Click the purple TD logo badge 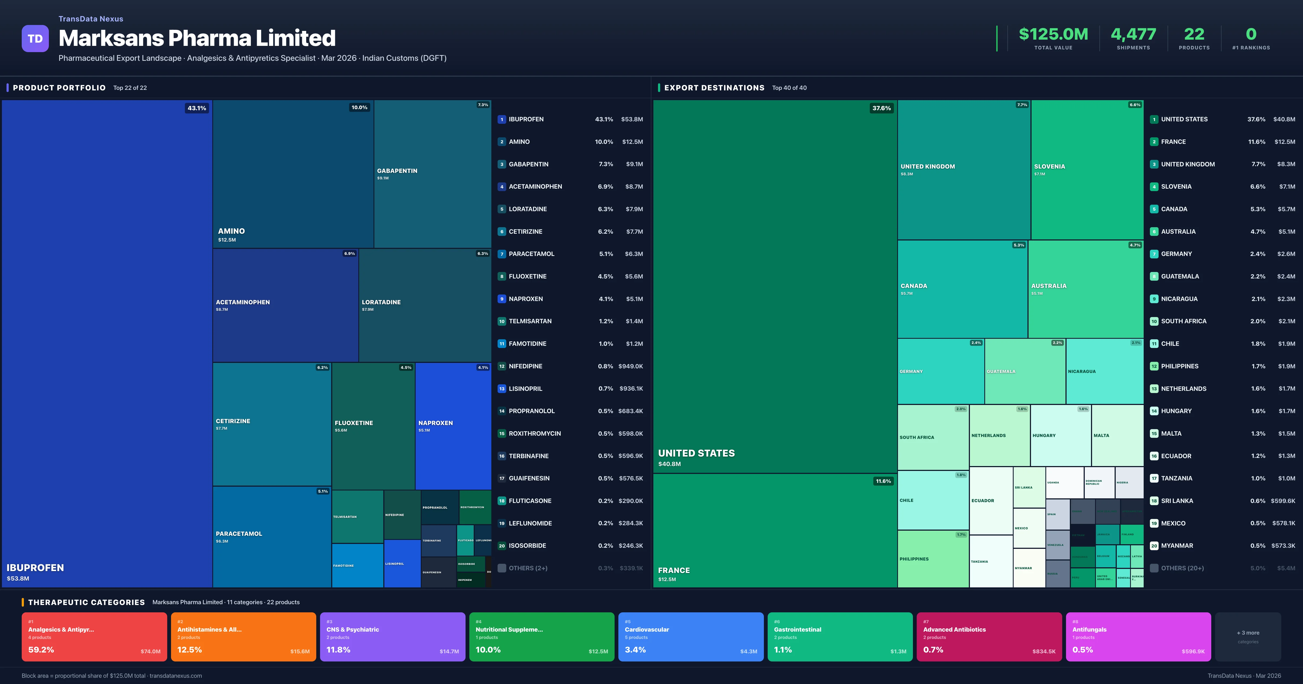35,39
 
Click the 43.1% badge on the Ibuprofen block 197,108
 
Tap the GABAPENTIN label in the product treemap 397,171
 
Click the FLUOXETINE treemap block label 353,423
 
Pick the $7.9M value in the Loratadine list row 634,209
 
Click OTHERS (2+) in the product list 527,568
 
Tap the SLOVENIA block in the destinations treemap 1086,169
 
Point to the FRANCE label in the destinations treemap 674,570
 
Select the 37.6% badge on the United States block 881,108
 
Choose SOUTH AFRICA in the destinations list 1184,321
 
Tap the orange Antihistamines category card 243,636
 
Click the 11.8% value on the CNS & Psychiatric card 339,650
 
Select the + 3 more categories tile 1248,636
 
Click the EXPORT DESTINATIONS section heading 714,87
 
